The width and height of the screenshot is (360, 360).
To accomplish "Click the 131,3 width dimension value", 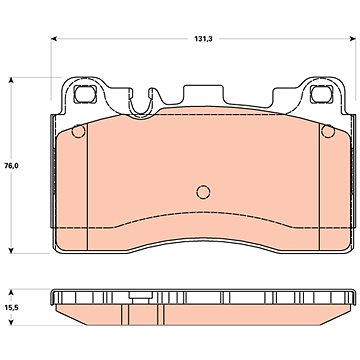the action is pos(203,39).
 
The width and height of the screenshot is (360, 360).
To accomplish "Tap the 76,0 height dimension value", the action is pos(11,165).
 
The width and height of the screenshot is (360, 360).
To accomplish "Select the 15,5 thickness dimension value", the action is pos(11,308).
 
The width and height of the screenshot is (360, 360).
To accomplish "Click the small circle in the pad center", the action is pos(203,192).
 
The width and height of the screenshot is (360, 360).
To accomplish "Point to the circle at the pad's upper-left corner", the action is pos(79,131).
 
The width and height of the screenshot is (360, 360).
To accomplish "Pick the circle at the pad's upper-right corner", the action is pos(328,131).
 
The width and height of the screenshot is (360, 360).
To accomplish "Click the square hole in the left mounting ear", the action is pos(85,94).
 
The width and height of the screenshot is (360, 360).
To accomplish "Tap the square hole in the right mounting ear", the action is pos(321,94).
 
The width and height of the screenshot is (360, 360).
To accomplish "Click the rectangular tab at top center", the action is pos(203,96).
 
